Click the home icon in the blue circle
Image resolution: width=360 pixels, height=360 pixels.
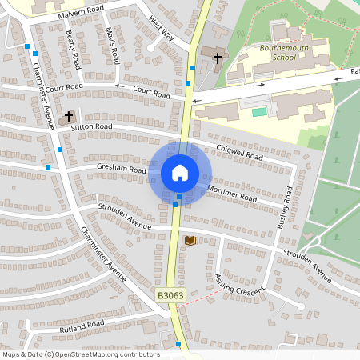pos(179,172)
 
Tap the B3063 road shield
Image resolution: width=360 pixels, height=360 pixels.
pos(169,296)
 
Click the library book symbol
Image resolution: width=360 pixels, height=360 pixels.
pos(190,240)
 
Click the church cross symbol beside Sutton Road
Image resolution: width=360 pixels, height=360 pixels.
pos(70,117)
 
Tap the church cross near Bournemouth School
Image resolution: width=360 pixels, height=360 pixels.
pos(217,56)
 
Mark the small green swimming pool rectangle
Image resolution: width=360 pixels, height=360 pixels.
pos(258,112)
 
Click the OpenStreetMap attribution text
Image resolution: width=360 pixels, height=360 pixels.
pos(81,354)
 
